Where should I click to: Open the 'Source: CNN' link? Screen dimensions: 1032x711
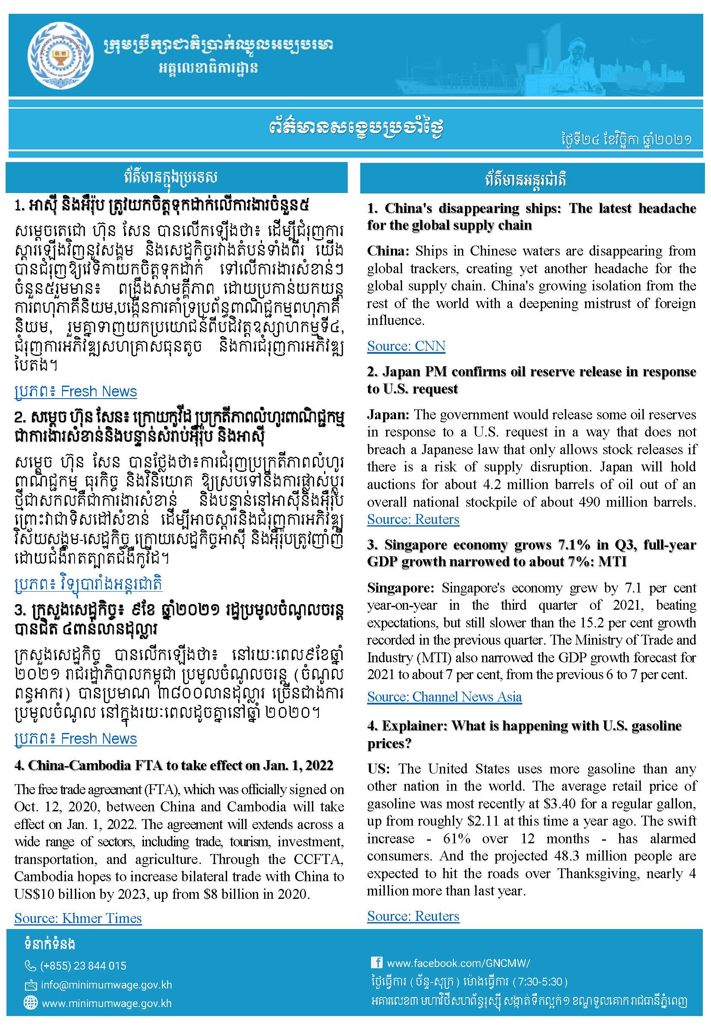pyautogui.click(x=406, y=346)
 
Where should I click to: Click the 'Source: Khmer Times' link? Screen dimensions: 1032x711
pyautogui.click(x=78, y=918)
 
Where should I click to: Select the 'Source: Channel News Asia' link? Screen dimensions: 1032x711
pyautogui.click(x=444, y=697)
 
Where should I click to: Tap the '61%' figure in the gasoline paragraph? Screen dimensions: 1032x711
pyautogui.click(x=457, y=839)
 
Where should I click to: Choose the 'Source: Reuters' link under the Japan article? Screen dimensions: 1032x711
pyautogui.click(x=413, y=519)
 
